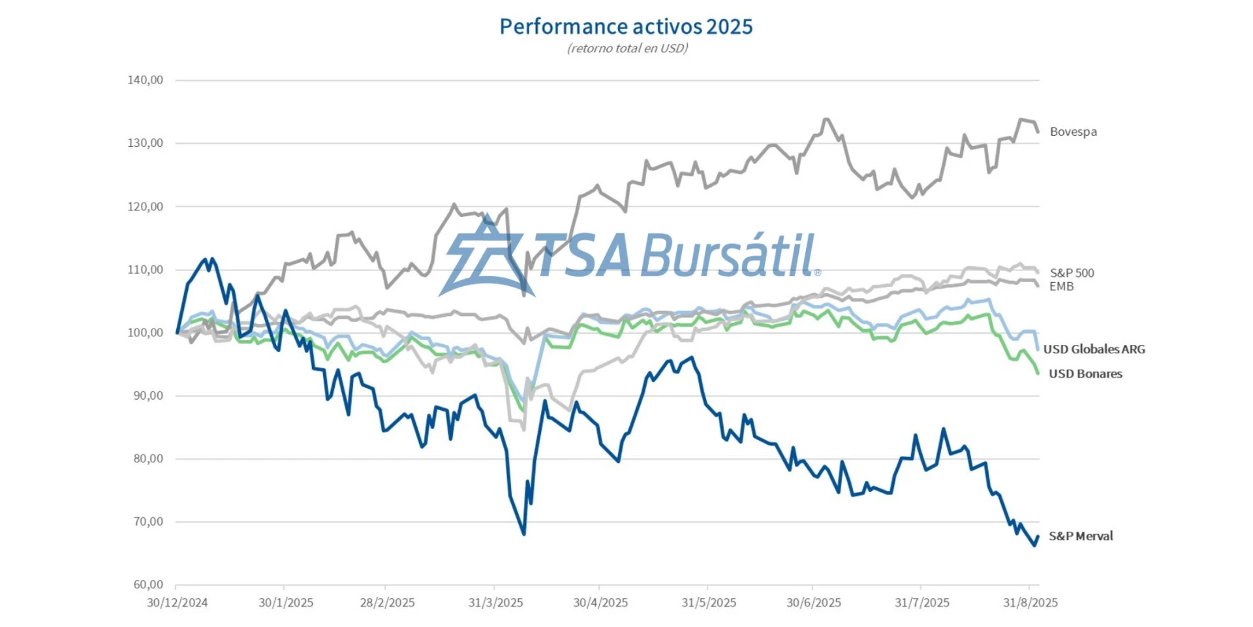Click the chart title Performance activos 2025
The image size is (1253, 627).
click(x=626, y=27)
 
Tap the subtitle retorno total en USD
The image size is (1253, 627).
click(x=627, y=48)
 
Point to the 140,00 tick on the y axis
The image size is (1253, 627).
click(x=146, y=80)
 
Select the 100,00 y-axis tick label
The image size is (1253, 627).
click(x=146, y=332)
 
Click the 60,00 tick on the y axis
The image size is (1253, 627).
click(x=148, y=585)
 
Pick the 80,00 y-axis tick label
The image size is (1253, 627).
click(x=148, y=458)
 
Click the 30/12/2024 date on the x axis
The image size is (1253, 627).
click(x=177, y=603)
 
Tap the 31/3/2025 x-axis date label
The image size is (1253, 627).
click(x=495, y=603)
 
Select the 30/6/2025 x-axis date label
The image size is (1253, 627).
click(x=813, y=603)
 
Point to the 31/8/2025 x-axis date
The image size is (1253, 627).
click(x=1030, y=603)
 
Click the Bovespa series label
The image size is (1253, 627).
click(x=1073, y=132)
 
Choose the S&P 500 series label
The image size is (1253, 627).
click(x=1072, y=273)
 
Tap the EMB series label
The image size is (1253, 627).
click(x=1061, y=287)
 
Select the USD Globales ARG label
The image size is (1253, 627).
click(x=1094, y=349)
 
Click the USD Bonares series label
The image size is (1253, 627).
click(x=1085, y=374)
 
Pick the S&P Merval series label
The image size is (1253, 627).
click(x=1081, y=536)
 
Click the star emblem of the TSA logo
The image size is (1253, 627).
click(x=486, y=256)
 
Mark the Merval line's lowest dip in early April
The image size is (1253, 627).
click(x=523, y=534)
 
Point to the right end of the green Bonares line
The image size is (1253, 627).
click(x=1038, y=373)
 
